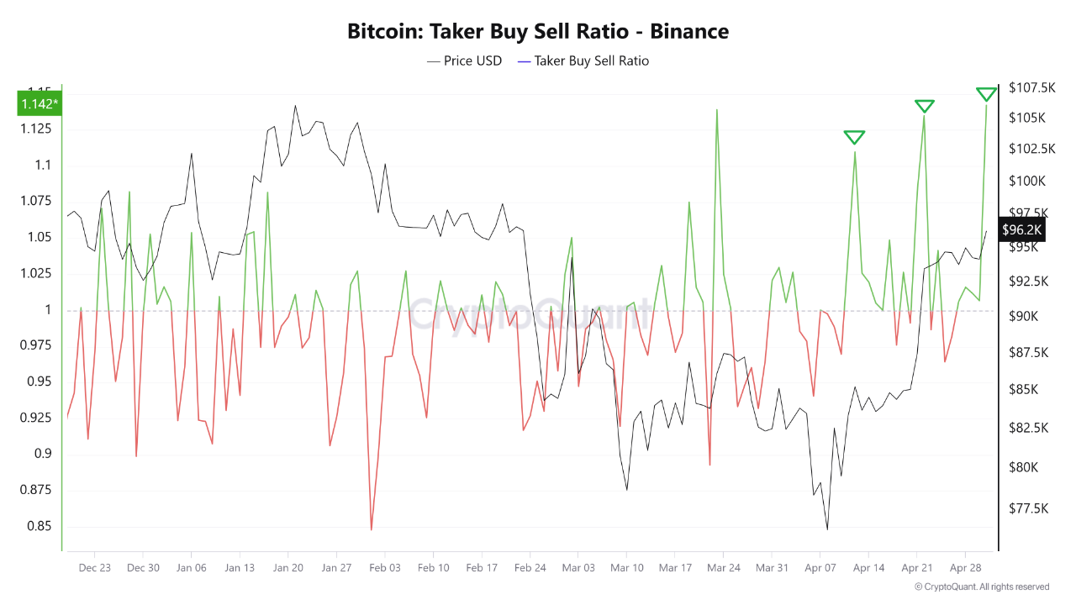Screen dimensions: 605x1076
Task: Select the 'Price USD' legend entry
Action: coord(465,60)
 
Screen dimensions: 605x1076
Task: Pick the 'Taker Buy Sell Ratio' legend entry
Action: coord(583,60)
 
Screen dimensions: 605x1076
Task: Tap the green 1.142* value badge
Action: coord(40,104)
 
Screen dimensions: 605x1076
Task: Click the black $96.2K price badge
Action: coord(1021,229)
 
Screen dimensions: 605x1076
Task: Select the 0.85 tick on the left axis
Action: coord(39,527)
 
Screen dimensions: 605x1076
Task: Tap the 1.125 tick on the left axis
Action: coord(35,129)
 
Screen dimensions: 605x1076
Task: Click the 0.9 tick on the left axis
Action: coord(42,455)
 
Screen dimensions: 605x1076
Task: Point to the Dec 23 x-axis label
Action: coord(94,568)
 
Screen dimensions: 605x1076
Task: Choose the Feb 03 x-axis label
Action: coord(384,568)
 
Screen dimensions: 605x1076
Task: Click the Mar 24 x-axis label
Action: coord(723,568)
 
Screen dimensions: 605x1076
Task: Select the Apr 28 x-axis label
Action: coord(965,568)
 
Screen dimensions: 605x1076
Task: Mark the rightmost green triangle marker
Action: coord(987,94)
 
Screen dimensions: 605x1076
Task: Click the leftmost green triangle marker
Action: coord(854,138)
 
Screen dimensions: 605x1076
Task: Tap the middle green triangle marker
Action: coord(925,106)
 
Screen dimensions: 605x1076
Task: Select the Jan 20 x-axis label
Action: coord(287,568)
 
